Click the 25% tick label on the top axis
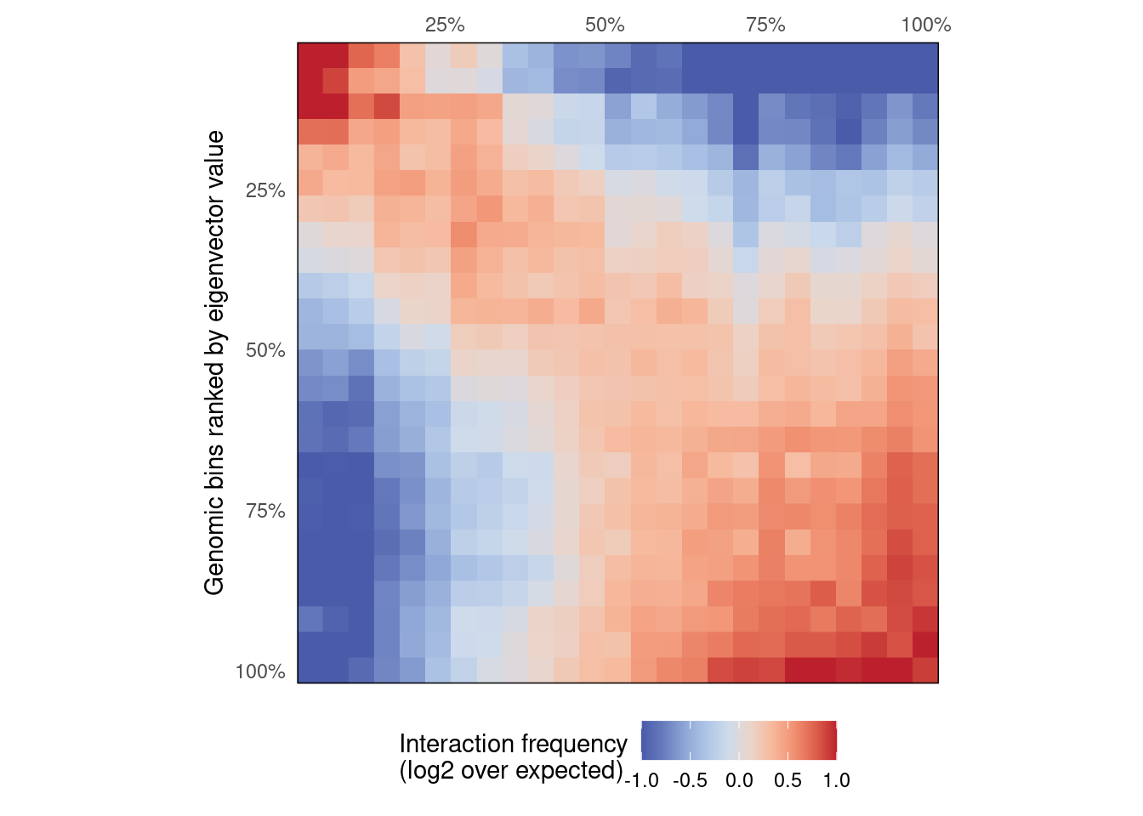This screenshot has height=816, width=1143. [445, 25]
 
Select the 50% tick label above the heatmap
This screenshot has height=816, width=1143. [605, 25]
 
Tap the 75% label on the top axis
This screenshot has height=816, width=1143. [765, 25]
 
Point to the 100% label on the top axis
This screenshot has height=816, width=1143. [925, 25]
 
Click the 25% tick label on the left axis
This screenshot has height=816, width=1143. [265, 191]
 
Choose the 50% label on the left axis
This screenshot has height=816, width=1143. [265, 351]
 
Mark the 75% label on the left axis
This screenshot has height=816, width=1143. [265, 512]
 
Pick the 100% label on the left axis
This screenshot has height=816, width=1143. [260, 672]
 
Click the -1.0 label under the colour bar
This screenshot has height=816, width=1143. [641, 781]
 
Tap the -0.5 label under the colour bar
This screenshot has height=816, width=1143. [690, 781]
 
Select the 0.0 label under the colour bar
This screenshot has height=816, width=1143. [739, 781]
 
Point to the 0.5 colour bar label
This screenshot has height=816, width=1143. [788, 781]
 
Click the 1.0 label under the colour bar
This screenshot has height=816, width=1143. [837, 781]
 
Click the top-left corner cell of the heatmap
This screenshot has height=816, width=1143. [310, 55]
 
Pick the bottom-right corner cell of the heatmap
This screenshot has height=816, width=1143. [925, 670]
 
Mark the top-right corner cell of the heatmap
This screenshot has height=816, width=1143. [925, 55]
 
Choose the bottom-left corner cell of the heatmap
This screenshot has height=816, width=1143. [310, 670]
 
